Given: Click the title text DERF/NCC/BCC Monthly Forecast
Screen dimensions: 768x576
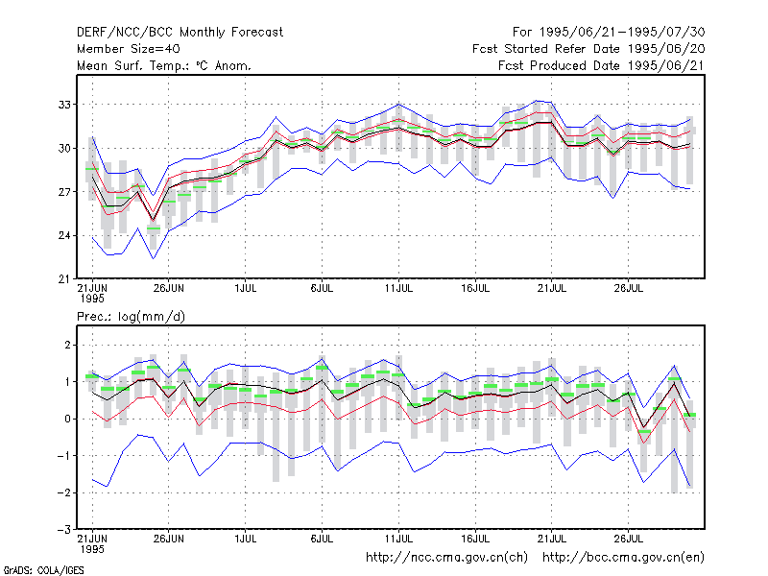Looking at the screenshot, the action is (x=180, y=33).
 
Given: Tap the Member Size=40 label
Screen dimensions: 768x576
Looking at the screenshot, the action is (x=129, y=49).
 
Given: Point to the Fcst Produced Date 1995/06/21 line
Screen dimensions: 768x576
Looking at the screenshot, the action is (x=602, y=65).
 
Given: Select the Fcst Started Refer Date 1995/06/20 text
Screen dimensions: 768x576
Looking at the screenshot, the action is (x=588, y=49).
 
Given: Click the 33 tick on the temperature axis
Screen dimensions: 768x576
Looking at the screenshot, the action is (x=64, y=105).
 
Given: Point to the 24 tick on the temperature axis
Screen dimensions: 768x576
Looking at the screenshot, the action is (x=64, y=235).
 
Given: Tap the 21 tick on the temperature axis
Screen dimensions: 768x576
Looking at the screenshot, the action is (x=64, y=279).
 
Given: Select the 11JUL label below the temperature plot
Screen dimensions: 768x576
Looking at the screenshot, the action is (x=398, y=289).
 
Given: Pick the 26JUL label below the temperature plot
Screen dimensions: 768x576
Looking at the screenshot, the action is (x=629, y=289).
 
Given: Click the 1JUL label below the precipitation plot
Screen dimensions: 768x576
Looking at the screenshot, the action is (x=246, y=539).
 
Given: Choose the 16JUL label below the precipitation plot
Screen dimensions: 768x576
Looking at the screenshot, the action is (x=475, y=539).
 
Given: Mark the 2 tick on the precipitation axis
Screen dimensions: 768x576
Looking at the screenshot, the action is (x=67, y=346).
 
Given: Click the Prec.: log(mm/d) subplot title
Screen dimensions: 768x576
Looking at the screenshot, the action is (x=131, y=317).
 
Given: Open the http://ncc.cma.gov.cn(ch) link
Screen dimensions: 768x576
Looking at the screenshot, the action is (x=446, y=558).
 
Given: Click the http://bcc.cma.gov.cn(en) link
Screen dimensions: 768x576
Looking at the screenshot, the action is (x=623, y=558).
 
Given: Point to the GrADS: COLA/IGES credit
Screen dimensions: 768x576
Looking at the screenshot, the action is (x=43, y=570).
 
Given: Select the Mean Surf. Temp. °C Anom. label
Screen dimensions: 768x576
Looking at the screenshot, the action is (x=164, y=65).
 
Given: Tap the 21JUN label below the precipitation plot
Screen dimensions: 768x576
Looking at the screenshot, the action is (x=92, y=539).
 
